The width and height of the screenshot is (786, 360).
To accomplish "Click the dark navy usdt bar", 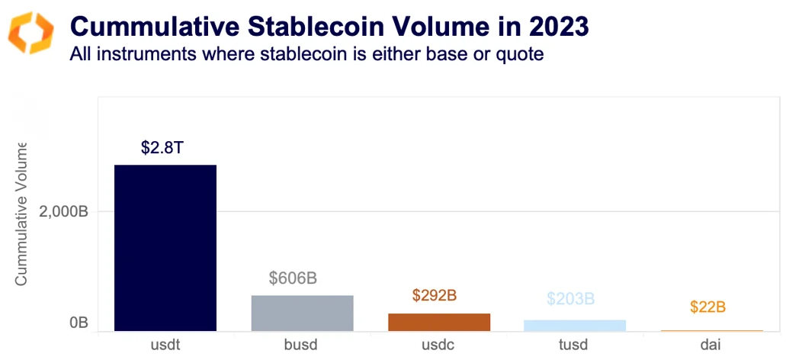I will (x=165, y=248).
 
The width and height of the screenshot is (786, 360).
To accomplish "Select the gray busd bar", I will (x=302, y=313).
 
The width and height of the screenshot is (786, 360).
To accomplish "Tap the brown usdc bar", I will (x=439, y=322).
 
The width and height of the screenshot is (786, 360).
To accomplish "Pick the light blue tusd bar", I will (x=575, y=326).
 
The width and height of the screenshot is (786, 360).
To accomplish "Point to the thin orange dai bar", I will (x=711, y=330).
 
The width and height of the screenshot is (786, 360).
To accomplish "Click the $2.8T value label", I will (x=162, y=147).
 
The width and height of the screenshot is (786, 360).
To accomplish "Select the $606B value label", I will (x=293, y=278).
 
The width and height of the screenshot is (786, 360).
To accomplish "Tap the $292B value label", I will (x=434, y=295).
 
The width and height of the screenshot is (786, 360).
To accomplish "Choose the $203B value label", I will (x=570, y=298).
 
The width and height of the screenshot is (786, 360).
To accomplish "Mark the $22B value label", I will (x=707, y=307).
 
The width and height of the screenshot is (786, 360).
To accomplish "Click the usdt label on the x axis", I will (x=165, y=345).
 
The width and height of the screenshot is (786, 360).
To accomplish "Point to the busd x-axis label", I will (x=302, y=345).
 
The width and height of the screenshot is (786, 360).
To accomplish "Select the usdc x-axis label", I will (x=439, y=345).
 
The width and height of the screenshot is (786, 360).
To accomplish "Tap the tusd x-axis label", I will (x=575, y=345).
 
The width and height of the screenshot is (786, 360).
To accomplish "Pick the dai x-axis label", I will (x=711, y=345).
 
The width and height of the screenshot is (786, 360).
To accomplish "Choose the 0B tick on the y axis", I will (x=79, y=323).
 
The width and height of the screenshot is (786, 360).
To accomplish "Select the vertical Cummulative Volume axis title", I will (x=21, y=214).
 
